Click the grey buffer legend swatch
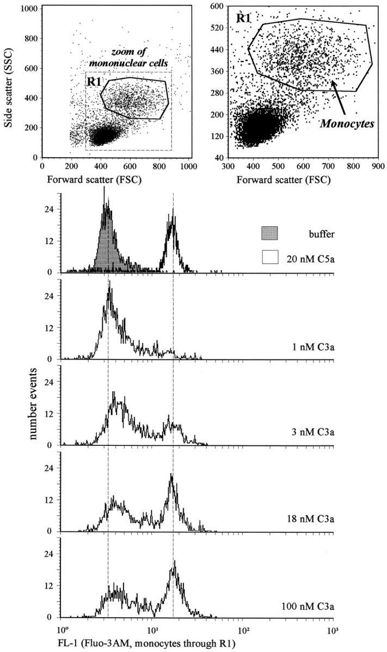pyautogui.click(x=269, y=233)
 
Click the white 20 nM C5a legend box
pyautogui.click(x=269, y=256)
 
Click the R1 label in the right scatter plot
pyautogui.click(x=243, y=17)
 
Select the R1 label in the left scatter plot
pyautogui.click(x=94, y=83)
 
